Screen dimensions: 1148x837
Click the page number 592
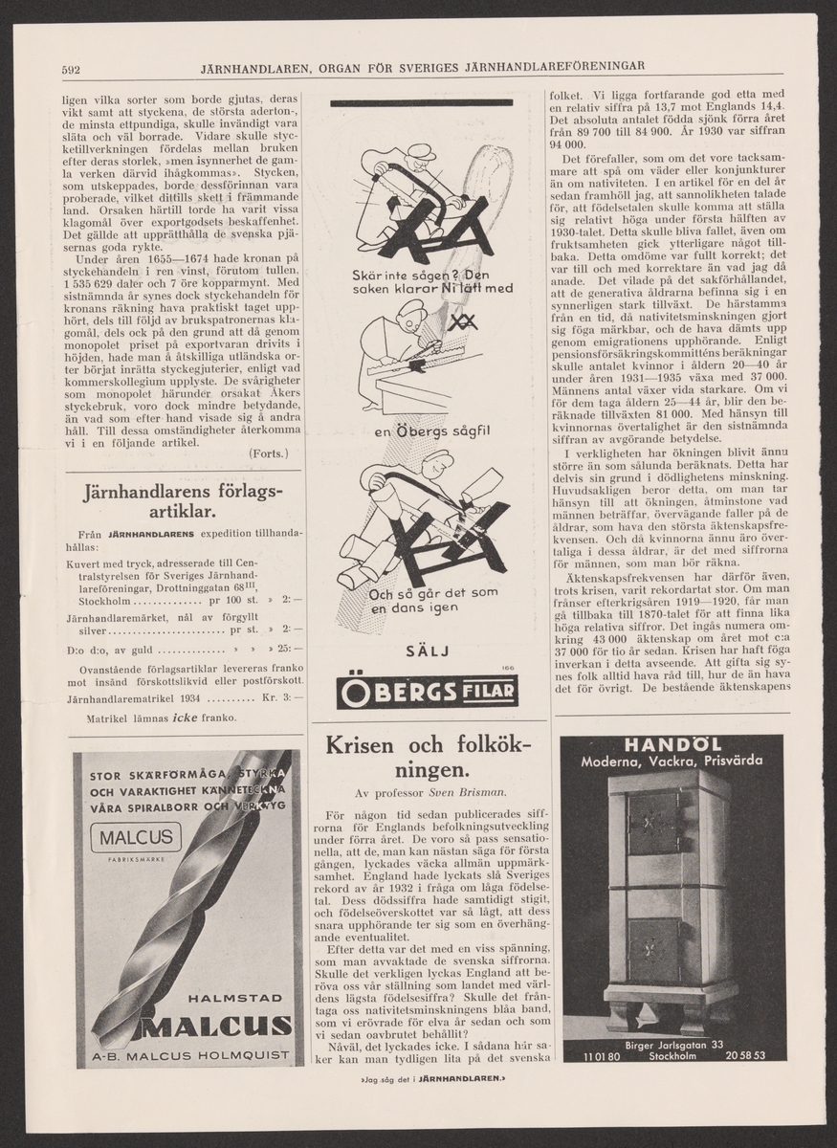point(69,69)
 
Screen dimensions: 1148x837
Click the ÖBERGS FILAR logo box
point(426,692)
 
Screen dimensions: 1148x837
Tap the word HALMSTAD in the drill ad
point(233,998)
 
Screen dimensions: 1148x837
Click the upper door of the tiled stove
point(655,822)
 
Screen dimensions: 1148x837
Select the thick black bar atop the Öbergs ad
point(421,100)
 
